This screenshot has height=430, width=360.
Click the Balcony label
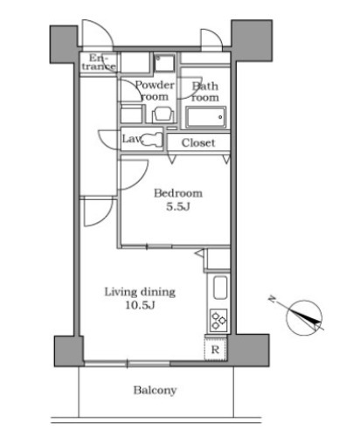(155, 391)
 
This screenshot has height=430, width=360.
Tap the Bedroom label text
(178, 193)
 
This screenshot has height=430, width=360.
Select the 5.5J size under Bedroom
(178, 206)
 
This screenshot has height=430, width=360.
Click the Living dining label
(140, 292)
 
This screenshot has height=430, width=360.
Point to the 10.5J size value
(140, 305)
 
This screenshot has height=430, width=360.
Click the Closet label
(198, 142)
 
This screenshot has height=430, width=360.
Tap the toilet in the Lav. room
(151, 139)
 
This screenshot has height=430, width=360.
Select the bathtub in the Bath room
(206, 117)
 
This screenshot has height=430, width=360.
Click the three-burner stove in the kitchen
(218, 319)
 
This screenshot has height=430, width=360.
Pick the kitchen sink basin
(220, 288)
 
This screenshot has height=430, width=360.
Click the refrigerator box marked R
(215, 349)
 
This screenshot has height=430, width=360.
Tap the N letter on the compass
(272, 299)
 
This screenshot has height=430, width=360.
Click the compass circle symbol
(304, 318)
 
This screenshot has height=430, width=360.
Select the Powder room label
(155, 91)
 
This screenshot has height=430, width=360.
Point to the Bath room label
(205, 92)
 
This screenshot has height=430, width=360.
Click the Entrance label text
(99, 62)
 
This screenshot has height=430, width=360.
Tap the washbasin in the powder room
(163, 114)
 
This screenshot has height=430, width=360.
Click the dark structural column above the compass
(252, 40)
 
